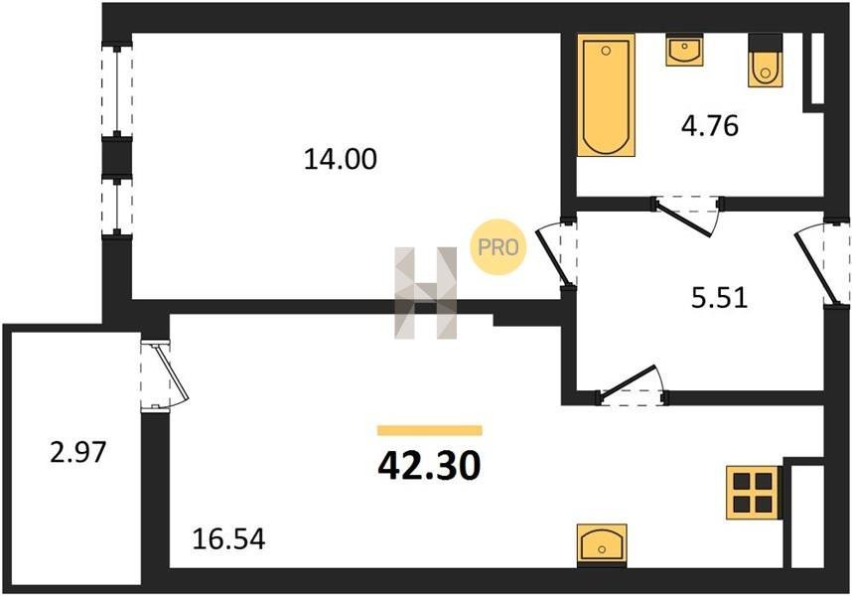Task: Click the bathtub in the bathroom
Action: pos(606,95)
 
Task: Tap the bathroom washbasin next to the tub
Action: pos(684,50)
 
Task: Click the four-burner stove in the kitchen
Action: pos(754,493)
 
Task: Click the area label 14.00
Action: pos(341,160)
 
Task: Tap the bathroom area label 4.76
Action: pos(710,126)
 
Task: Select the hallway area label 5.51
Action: pos(719,298)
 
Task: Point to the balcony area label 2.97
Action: pos(77,452)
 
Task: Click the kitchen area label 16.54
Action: pos(229,539)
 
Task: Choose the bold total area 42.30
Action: pos(429,466)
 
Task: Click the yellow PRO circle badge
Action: pos(498,247)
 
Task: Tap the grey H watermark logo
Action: pos(425,293)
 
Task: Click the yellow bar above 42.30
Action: pos(430,430)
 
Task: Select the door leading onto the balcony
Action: pos(163,374)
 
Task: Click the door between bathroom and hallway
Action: pos(688,215)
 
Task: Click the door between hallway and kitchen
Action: pos(631,385)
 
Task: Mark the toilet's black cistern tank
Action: pos(765,43)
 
